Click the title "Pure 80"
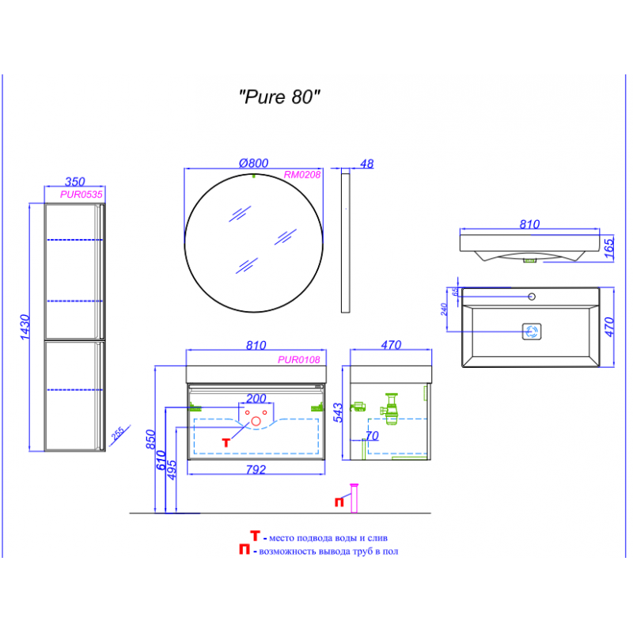tap(279, 97)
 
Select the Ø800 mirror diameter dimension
tap(253, 163)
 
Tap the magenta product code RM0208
tap(302, 175)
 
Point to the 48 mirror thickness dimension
tap(366, 164)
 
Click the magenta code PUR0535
tap(81, 195)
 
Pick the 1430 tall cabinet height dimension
tap(25, 327)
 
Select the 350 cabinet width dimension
tap(74, 182)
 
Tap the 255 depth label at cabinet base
tap(118, 434)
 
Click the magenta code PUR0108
tap(299, 360)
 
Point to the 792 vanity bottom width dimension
tap(256, 469)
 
